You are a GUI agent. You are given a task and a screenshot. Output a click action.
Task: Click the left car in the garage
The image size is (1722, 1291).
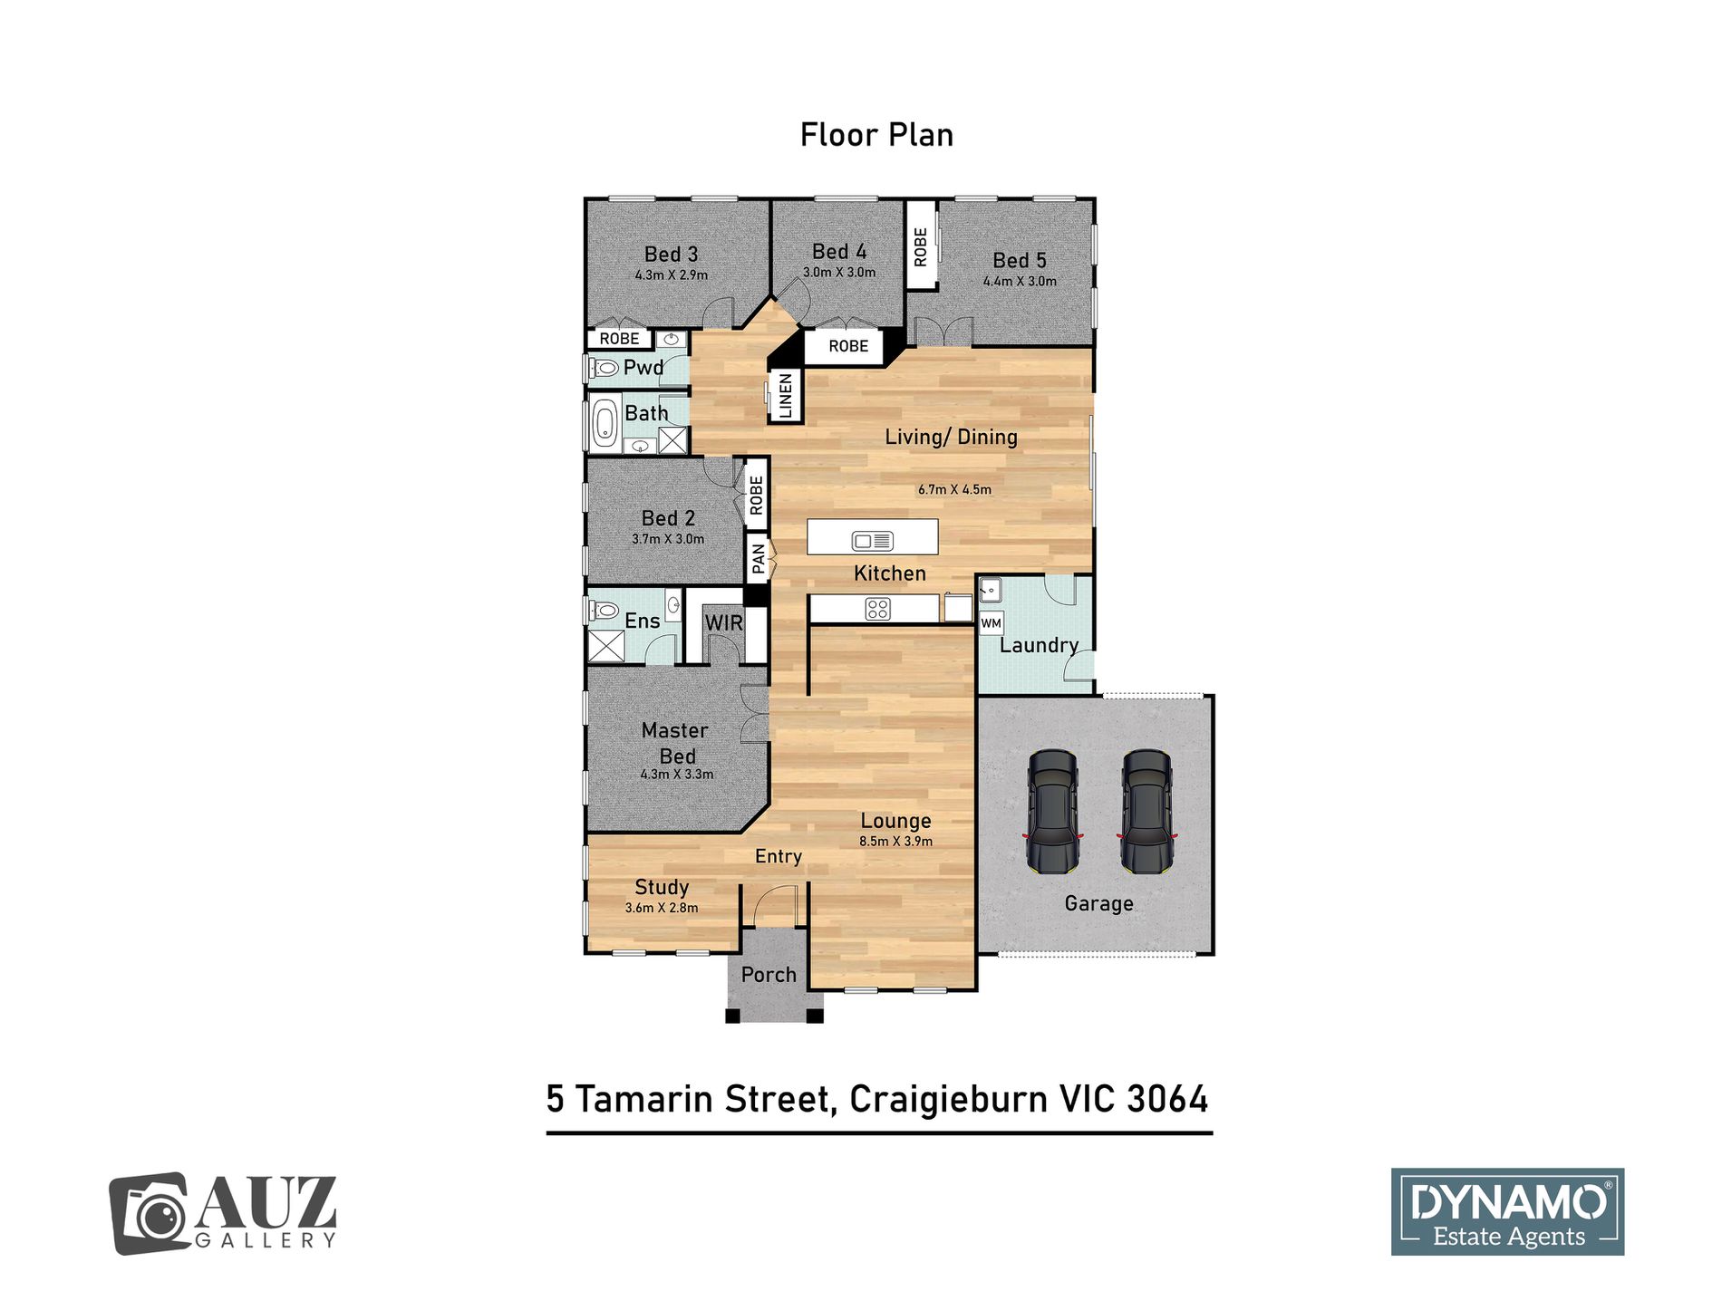click(x=1053, y=811)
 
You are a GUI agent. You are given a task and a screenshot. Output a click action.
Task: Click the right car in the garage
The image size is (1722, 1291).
click(x=1147, y=811)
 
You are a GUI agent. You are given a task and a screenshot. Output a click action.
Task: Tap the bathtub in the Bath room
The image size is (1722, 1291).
click(x=604, y=424)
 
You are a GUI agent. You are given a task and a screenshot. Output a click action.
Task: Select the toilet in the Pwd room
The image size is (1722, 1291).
click(x=605, y=368)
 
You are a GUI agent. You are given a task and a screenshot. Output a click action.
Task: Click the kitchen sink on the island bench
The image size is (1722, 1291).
click(x=872, y=541)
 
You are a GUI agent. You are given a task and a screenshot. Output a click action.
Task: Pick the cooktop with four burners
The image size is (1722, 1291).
click(x=877, y=609)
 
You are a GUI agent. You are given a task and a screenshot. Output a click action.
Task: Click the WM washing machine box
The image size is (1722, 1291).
click(x=992, y=623)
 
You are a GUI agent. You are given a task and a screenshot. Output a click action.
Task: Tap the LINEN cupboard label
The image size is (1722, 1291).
click(x=786, y=396)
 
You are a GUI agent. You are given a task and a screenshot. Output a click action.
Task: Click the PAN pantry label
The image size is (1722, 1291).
click(x=758, y=559)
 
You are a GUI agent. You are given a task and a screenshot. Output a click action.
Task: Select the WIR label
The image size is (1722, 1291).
click(x=723, y=622)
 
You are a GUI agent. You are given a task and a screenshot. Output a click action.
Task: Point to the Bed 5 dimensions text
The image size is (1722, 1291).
click(x=1020, y=282)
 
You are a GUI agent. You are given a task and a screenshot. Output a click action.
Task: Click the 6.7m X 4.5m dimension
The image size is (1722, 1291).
click(x=954, y=490)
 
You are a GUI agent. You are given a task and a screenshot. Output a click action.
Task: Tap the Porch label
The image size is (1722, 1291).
click(x=769, y=975)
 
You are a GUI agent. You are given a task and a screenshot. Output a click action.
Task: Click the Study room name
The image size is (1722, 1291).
click(x=662, y=888)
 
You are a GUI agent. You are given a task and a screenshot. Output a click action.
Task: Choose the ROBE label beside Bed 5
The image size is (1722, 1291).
click(x=921, y=246)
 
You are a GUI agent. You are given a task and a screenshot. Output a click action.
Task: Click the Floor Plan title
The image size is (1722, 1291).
click(x=876, y=135)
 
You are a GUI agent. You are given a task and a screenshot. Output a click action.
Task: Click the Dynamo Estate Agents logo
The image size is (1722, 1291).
click(x=1507, y=1211)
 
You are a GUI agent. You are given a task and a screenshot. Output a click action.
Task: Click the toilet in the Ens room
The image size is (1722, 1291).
click(x=605, y=611)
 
